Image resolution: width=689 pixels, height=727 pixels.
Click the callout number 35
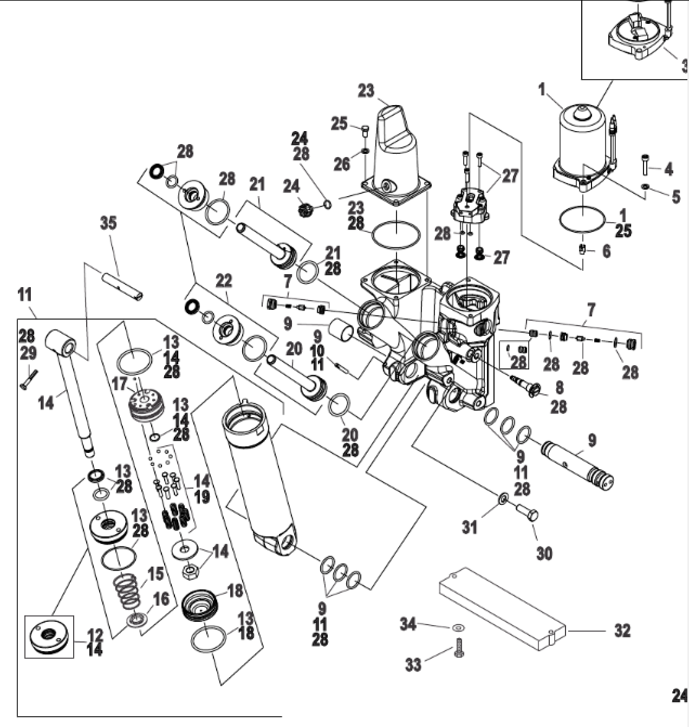[x=109, y=223]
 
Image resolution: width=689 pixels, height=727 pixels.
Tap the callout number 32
[x=622, y=631]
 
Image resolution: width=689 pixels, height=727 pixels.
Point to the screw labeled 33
[x=459, y=648]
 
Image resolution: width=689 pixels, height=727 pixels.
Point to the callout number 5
[x=676, y=197]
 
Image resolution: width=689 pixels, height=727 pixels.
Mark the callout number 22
[x=224, y=281]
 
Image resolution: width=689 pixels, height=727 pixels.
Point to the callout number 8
[x=559, y=387]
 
